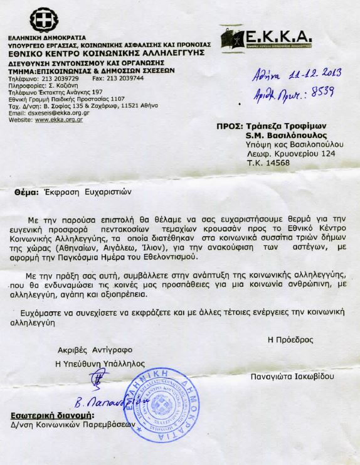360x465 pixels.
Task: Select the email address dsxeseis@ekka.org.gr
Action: (x=60, y=113)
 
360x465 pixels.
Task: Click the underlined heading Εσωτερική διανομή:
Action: (x=52, y=415)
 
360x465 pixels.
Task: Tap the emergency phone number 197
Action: (x=82, y=93)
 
